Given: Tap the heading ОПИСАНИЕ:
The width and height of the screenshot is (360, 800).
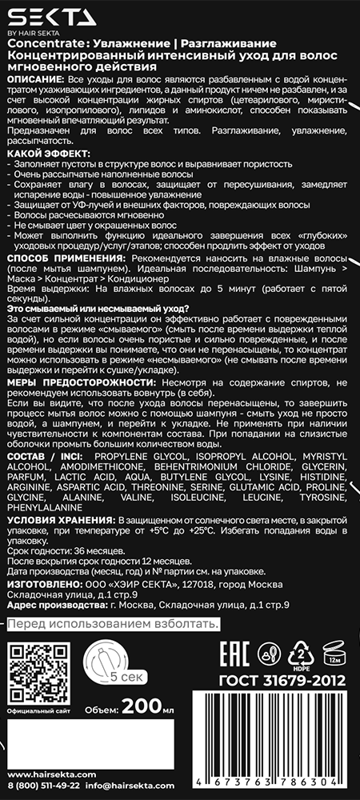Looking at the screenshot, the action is [x=35, y=82].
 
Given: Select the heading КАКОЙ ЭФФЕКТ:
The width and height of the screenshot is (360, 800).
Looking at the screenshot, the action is [x=47, y=152].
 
